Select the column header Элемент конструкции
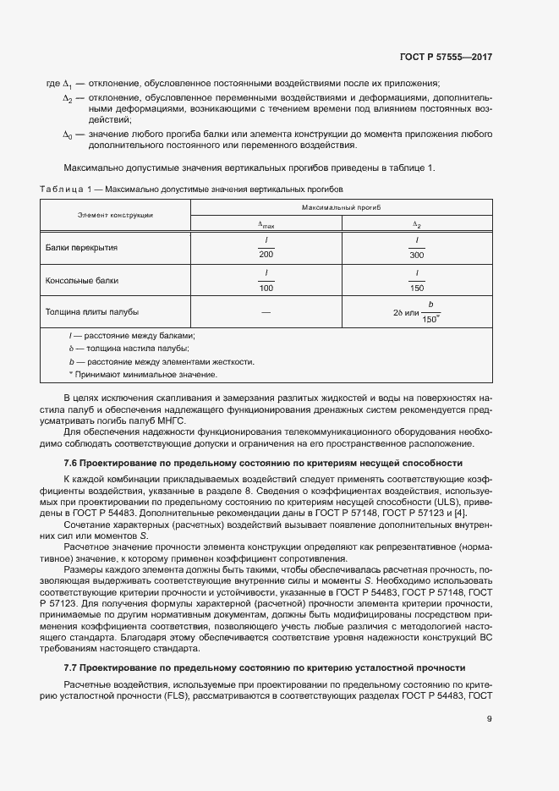click(x=116, y=216)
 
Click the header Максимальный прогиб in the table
click(x=342, y=207)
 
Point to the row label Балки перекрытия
click(x=82, y=248)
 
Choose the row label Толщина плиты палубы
click(x=92, y=311)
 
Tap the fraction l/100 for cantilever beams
click(x=266, y=280)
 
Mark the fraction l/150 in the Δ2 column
click(x=417, y=280)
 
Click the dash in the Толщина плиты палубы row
click(x=266, y=312)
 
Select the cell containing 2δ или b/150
click(x=417, y=311)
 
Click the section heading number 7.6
click(x=72, y=463)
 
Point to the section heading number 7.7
click(x=72, y=667)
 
